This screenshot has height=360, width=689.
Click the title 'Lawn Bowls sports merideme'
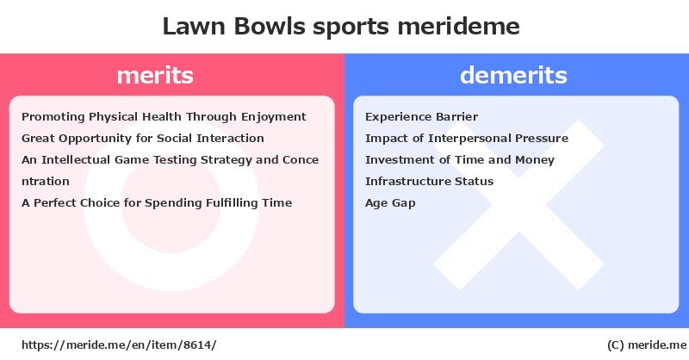[341, 27]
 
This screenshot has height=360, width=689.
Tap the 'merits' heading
[155, 75]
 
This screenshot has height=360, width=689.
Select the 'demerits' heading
[513, 75]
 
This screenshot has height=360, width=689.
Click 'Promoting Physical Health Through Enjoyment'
[164, 117]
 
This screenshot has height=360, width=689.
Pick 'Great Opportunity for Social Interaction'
[143, 139]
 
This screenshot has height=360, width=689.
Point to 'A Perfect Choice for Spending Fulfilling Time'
[157, 203]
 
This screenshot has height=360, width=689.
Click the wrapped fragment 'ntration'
[46, 182]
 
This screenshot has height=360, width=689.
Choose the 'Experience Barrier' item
[421, 117]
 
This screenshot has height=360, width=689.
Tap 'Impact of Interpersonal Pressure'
[467, 139]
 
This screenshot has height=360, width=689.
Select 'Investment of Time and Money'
[460, 160]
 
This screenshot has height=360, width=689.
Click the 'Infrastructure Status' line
[429, 182]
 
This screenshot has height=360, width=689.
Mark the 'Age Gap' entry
[390, 203]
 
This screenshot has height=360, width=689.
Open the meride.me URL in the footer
[119, 345]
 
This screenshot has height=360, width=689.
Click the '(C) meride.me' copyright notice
[647, 345]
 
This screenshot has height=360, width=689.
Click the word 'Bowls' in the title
[270, 27]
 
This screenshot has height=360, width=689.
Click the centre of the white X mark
[519, 205]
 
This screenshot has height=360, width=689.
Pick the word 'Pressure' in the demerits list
[542, 139]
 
